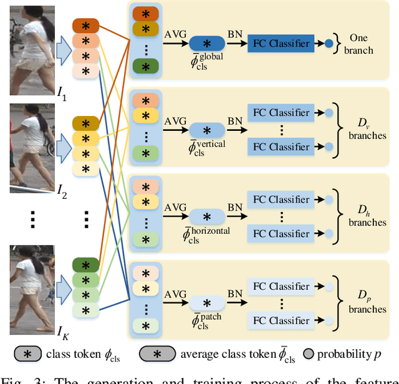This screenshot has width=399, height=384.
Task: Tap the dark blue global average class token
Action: (x=208, y=44)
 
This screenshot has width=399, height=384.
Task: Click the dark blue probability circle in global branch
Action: (x=329, y=44)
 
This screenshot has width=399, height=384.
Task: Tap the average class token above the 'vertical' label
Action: (x=208, y=130)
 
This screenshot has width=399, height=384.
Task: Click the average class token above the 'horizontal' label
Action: (x=208, y=217)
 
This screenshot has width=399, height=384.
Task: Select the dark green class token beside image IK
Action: (x=85, y=265)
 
